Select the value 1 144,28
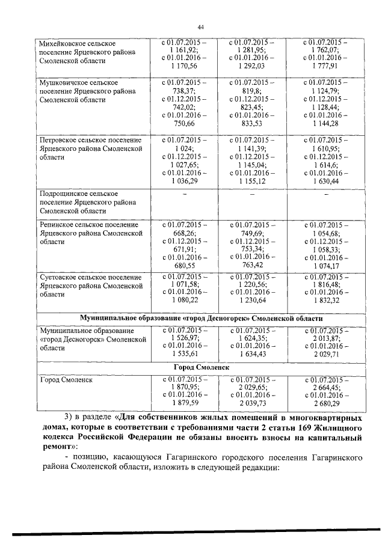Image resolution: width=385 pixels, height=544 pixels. point(325,123)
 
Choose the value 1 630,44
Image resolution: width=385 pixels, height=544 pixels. point(325,180)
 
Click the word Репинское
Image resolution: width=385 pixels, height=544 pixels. point(59,224)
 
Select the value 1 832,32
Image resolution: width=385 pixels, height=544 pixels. point(325,299)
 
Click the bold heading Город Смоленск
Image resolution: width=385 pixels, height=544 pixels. point(202,366)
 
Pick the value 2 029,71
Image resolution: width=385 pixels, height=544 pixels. point(325,355)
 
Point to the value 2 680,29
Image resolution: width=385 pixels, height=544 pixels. point(325,403)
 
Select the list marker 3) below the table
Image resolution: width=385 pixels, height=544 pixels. point(68,417)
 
